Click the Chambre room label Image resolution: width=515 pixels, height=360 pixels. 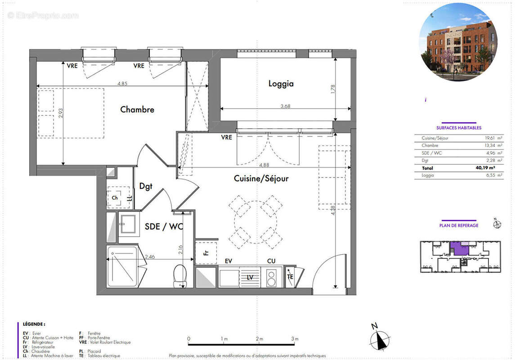point(137,109)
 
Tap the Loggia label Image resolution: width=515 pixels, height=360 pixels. point(281,83)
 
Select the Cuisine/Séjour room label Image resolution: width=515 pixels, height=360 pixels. point(261,179)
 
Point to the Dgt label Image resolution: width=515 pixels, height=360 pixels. point(145,186)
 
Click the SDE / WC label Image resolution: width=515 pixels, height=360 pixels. point(163,227)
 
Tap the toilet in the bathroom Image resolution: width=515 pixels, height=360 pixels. point(180,275)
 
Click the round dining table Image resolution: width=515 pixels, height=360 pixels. point(255,221)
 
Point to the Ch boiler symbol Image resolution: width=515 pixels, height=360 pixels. point(115,198)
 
